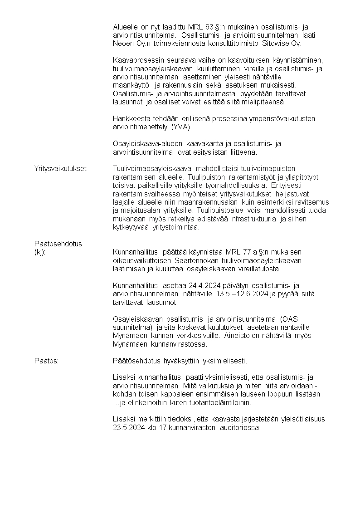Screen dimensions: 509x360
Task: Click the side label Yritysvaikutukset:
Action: point(61,169)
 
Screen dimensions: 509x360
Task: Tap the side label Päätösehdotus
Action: point(58,244)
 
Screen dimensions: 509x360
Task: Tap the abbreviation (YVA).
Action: point(182,127)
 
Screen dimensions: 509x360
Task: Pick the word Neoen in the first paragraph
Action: point(122,44)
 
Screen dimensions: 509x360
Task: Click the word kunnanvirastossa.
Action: point(182,344)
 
